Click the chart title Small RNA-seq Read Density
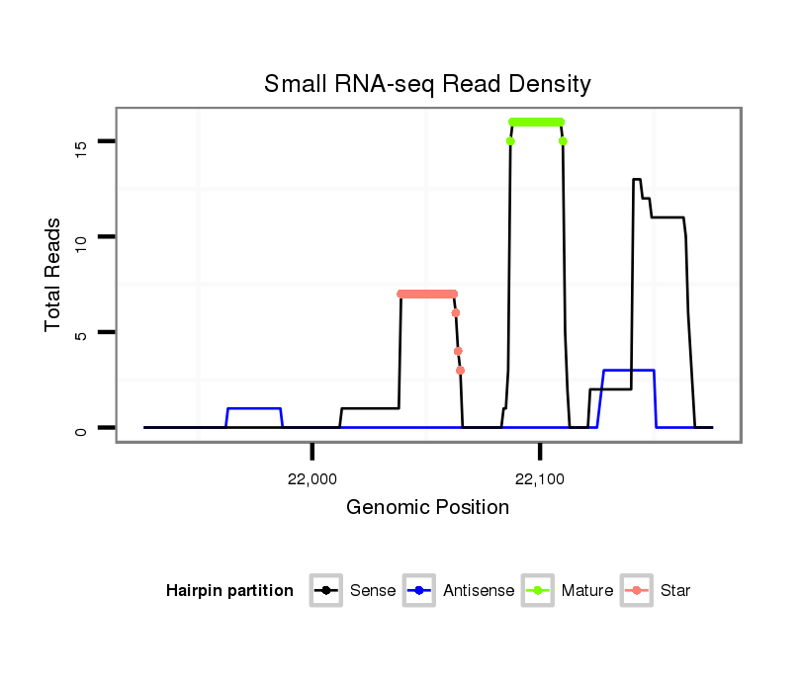[427, 84]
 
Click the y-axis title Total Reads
[55, 275]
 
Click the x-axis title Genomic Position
[427, 508]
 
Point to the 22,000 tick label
[312, 479]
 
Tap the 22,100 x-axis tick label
[540, 479]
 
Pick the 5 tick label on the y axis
[81, 335]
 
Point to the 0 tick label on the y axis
[81, 429]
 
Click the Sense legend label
[373, 591]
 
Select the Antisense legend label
[479, 591]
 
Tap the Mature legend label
[587, 591]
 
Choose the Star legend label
[675, 591]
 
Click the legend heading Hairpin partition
[229, 591]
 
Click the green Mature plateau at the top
[536, 122]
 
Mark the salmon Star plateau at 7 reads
[427, 294]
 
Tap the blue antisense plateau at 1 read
[254, 408]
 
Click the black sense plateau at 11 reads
[667, 217]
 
